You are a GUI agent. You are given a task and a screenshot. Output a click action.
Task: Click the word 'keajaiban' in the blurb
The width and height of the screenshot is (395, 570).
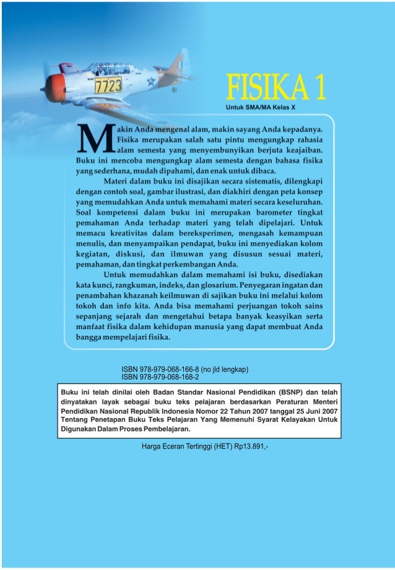click(x=303, y=150)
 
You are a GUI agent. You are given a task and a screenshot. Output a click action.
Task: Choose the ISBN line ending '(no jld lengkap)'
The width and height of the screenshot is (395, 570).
click(x=185, y=369)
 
